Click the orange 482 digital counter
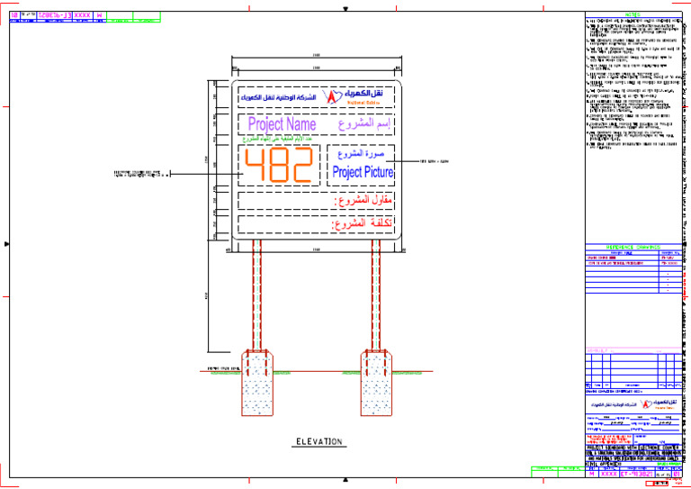pos(279,165)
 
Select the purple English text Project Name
pos(282,124)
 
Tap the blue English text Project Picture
pos(362,171)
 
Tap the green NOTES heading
pos(633,14)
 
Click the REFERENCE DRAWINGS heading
pos(633,246)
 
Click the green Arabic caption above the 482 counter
pos(280,140)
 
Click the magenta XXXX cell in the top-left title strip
pos(81,15)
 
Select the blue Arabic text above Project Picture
pos(362,154)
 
